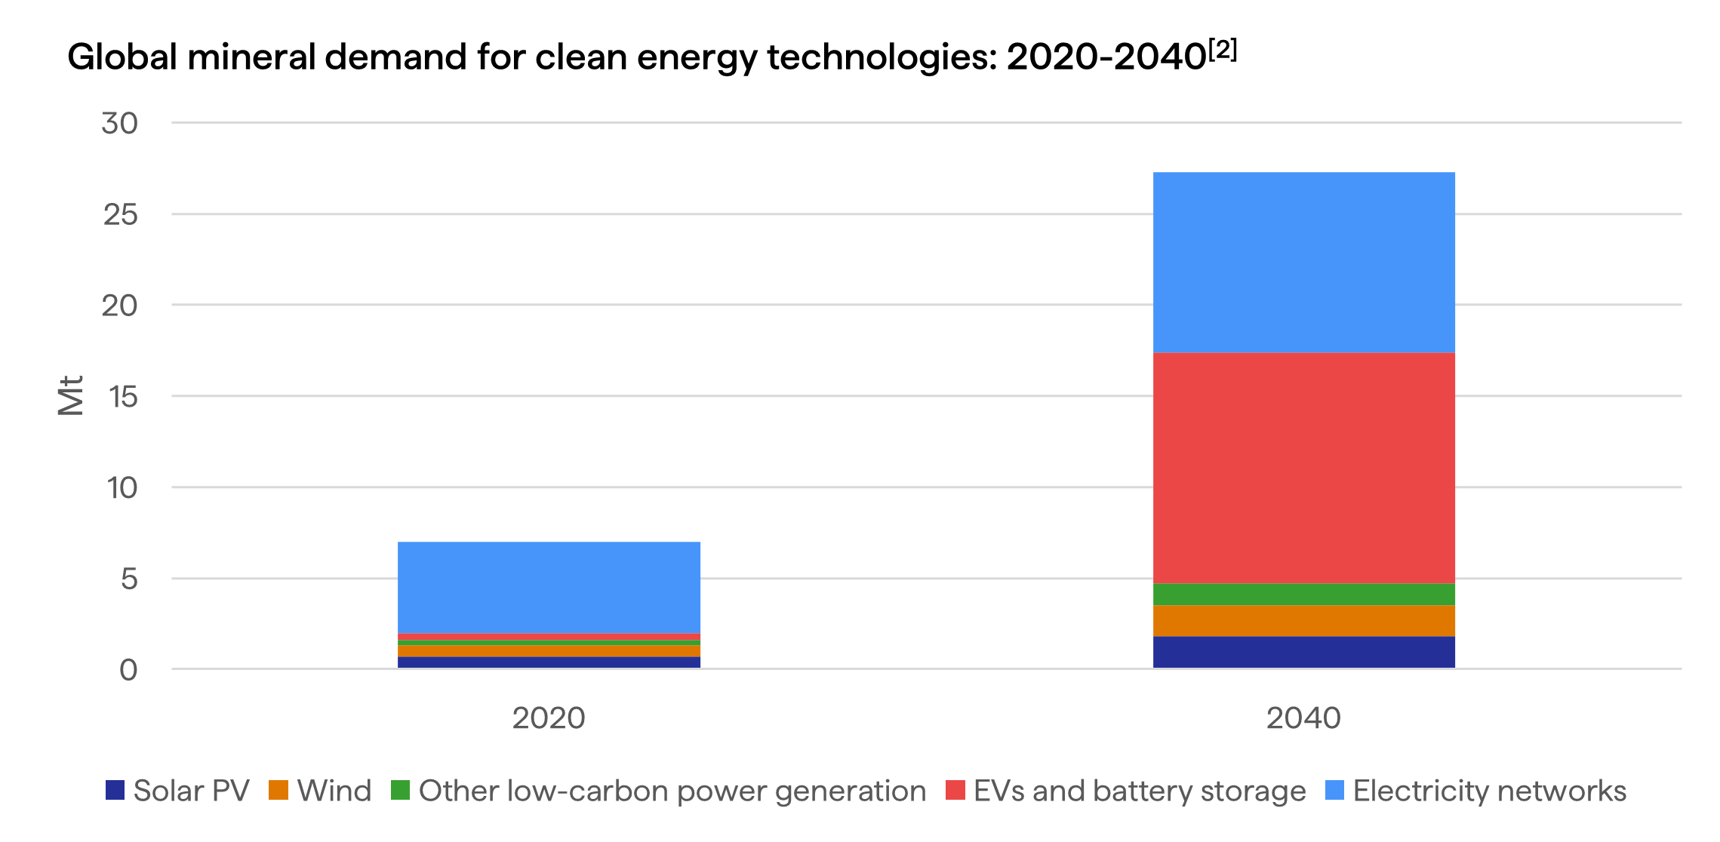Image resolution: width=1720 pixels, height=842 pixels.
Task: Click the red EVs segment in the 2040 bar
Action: point(1303,468)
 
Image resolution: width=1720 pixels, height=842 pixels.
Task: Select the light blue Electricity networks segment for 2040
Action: point(1303,263)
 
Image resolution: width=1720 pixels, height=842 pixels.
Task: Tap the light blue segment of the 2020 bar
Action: point(549,587)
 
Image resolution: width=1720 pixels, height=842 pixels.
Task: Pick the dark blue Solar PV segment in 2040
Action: point(1303,652)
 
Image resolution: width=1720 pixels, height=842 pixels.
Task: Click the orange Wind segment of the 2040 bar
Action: point(1303,620)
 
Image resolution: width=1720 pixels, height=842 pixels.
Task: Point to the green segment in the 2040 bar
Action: point(1303,595)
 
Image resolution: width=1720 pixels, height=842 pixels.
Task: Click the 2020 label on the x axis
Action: point(549,718)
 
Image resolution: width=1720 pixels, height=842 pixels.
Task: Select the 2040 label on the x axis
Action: point(1303,718)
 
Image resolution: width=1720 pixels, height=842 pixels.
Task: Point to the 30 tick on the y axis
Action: point(120,123)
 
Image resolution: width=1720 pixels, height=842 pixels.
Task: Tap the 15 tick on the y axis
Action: point(123,397)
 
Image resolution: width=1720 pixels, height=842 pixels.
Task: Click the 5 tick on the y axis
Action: point(129,579)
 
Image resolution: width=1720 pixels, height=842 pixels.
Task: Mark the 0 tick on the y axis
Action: point(128,669)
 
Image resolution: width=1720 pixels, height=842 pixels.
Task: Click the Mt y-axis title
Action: point(71,395)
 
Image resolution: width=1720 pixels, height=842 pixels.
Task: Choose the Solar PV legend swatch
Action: point(115,790)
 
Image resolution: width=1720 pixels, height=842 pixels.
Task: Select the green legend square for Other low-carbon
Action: point(400,790)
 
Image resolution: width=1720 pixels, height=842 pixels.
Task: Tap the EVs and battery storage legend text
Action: point(1139,791)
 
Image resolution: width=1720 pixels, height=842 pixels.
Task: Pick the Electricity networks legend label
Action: point(1489,791)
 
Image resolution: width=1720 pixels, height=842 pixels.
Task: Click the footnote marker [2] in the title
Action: point(1223,50)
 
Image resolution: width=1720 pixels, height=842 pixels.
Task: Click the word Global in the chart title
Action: point(122,57)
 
